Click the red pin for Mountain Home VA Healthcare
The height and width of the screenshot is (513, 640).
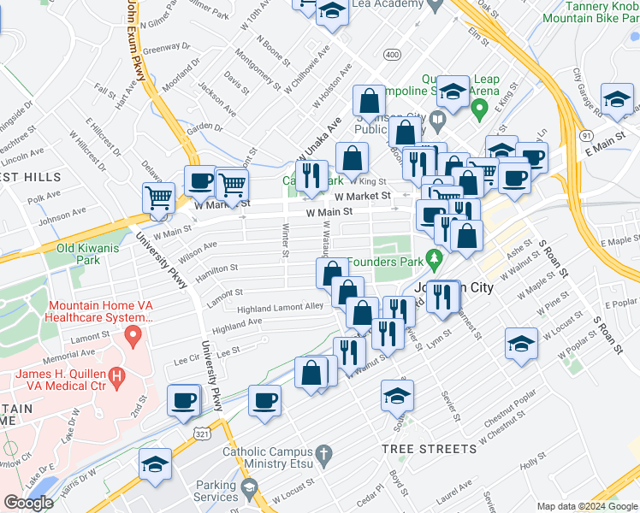[133, 336]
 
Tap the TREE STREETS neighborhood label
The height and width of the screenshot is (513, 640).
[430, 449]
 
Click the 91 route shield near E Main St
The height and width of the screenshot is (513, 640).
[585, 135]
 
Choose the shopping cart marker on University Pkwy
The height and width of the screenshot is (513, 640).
[158, 198]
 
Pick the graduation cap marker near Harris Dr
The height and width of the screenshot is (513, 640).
[153, 463]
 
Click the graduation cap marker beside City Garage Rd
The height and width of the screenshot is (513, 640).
[616, 99]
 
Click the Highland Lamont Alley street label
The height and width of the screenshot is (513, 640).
[280, 307]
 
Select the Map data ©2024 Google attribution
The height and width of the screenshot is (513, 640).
[588, 506]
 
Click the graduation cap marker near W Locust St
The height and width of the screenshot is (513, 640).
[520, 343]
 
